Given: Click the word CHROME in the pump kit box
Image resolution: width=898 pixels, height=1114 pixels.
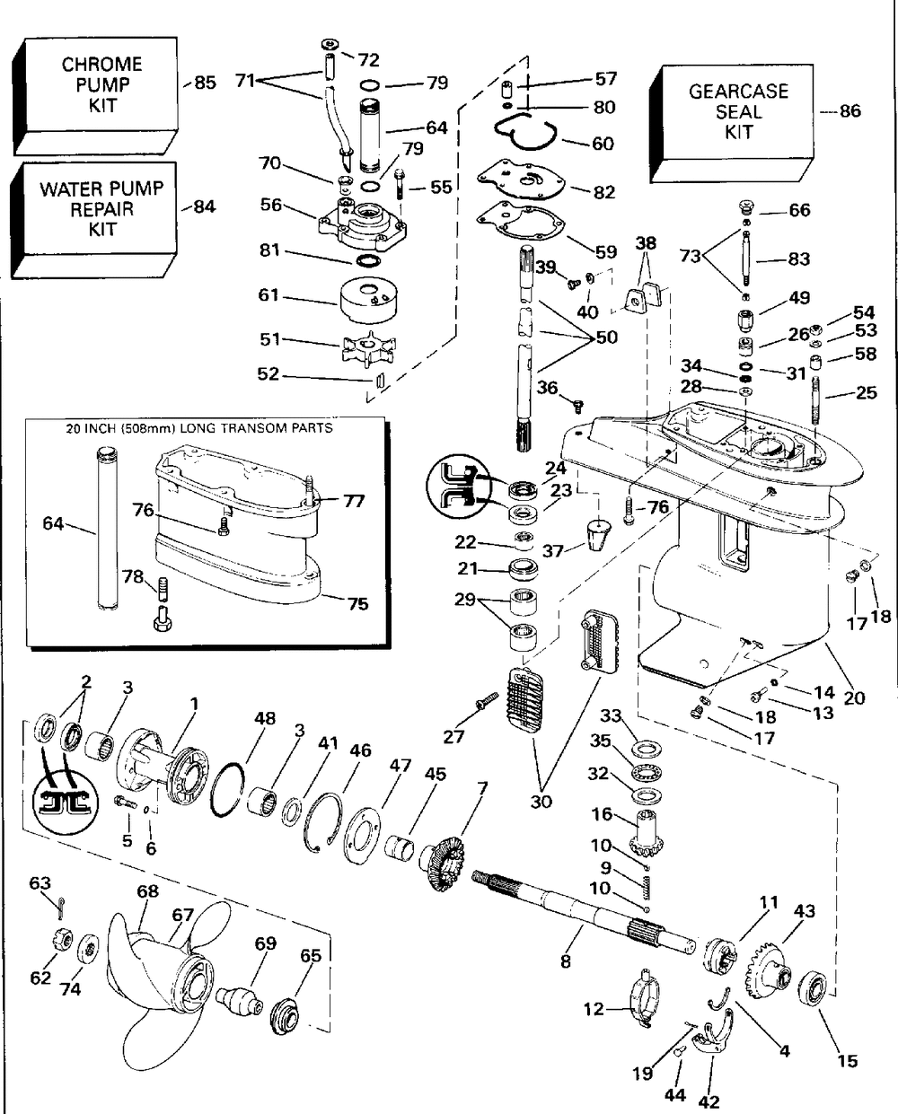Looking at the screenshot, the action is (x=102, y=65).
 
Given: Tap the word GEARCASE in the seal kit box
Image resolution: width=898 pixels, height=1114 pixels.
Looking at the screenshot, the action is (x=738, y=92).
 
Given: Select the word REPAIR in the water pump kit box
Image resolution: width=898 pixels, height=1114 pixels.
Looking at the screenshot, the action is (x=102, y=210).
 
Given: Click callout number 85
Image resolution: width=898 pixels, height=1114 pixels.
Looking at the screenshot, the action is (x=205, y=83).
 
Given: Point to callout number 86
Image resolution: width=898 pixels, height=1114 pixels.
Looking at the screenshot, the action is (x=850, y=110).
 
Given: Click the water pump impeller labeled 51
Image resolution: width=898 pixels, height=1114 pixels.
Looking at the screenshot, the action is (x=369, y=346).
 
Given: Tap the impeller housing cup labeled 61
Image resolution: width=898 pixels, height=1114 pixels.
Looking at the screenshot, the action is (x=369, y=300).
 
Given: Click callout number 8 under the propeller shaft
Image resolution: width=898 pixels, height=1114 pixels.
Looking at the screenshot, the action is (x=566, y=961).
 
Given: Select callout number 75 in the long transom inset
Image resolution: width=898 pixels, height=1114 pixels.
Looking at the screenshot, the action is (x=358, y=603).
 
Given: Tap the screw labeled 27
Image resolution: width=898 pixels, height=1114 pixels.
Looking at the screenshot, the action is (x=487, y=701).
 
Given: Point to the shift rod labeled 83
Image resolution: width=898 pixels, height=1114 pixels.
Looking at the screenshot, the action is (x=745, y=258).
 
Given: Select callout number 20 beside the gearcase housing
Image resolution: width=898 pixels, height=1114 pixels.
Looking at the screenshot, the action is (x=854, y=697).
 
